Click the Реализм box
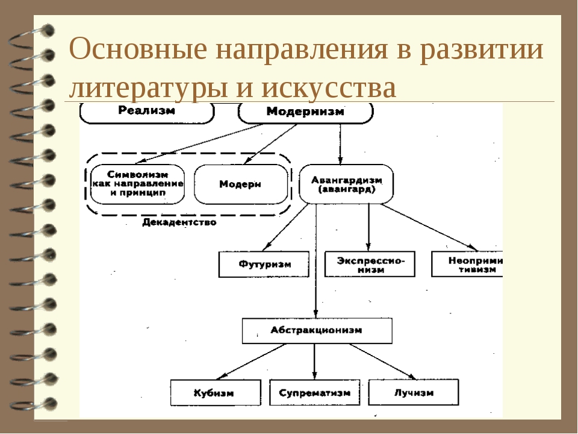[147, 112]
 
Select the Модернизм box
[305, 112]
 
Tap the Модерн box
[240, 184]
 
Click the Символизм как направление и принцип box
[137, 184]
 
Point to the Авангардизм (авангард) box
[346, 183]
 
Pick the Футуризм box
[264, 264]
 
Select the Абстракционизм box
[317, 330]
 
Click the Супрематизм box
[314, 392]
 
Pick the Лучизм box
[414, 392]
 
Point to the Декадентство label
[179, 222]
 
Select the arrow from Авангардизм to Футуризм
[286, 227]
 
